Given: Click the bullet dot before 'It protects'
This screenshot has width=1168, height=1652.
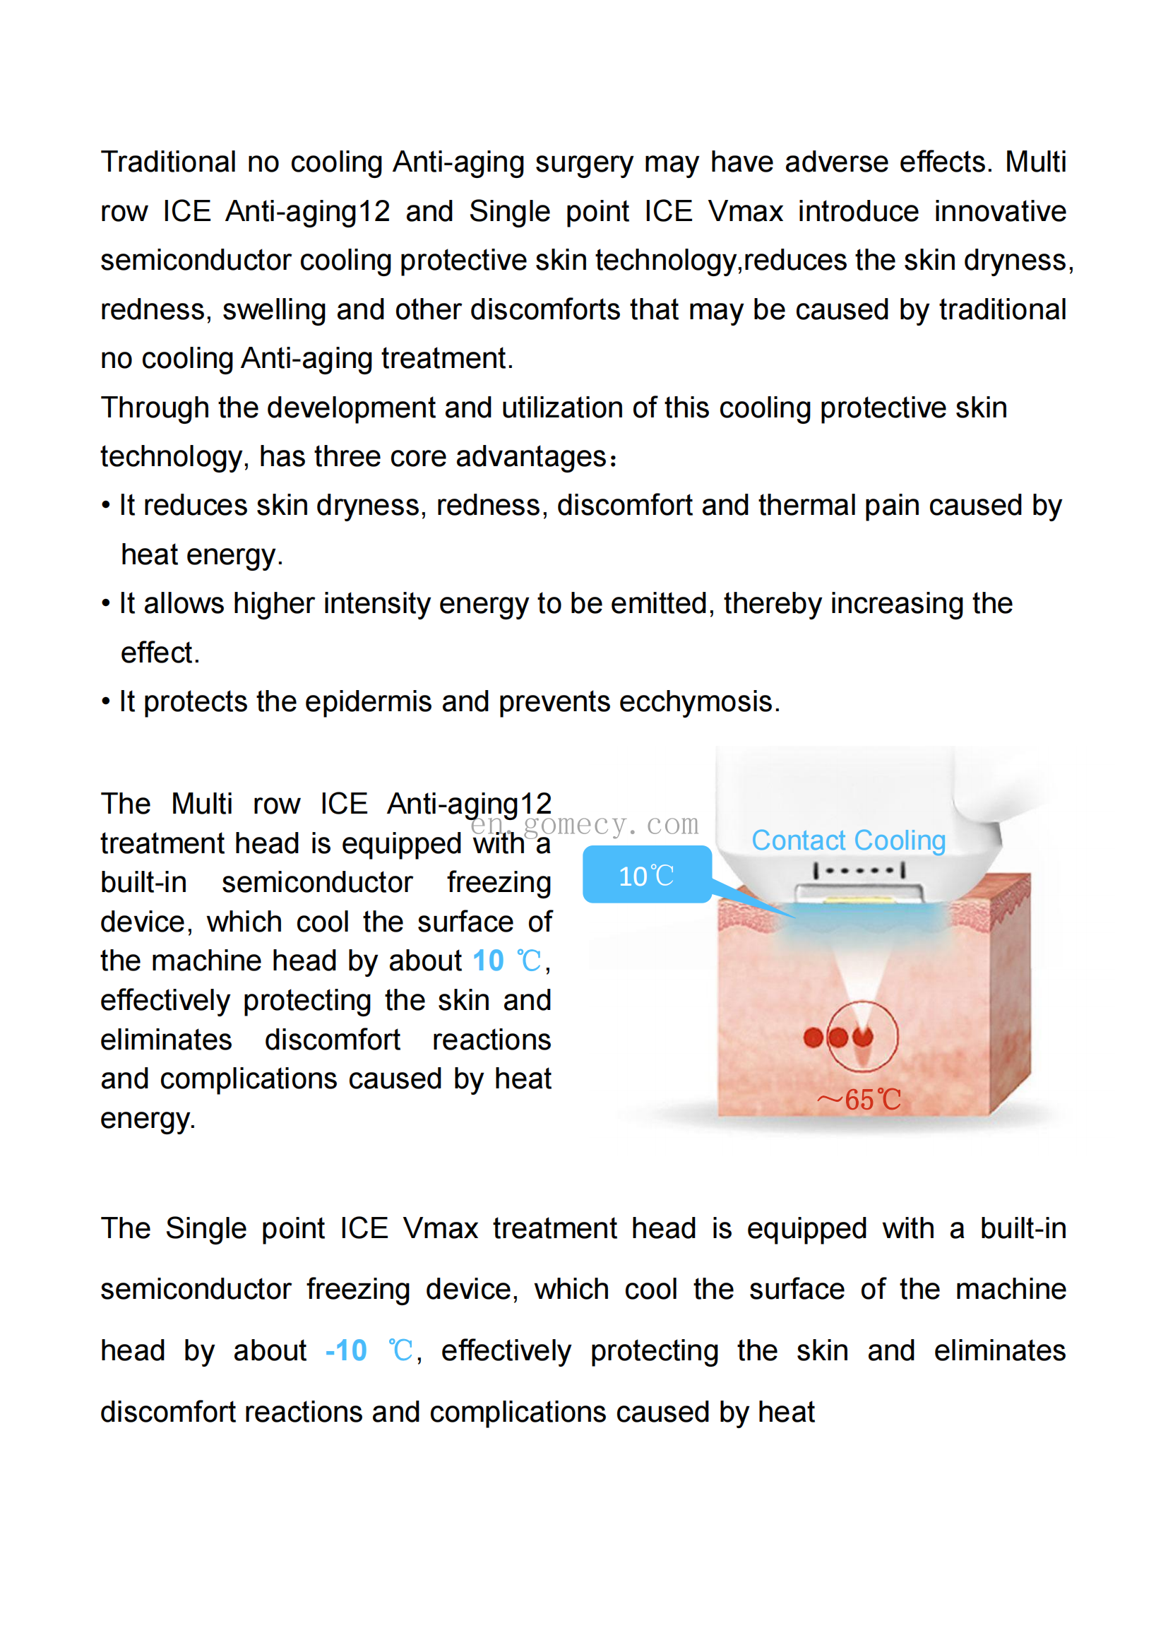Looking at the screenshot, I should [x=106, y=702].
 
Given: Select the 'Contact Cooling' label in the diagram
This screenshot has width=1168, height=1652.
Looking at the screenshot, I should [x=848, y=840].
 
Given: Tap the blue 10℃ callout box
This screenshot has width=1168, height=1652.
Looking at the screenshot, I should [x=647, y=875].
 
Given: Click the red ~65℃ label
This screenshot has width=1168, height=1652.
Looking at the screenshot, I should [x=859, y=1100].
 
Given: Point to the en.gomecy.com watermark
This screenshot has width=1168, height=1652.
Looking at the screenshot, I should [x=584, y=824].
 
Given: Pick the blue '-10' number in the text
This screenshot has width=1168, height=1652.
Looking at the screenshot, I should [x=346, y=1351].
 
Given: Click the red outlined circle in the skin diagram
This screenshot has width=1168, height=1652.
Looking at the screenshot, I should [x=863, y=1037].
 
